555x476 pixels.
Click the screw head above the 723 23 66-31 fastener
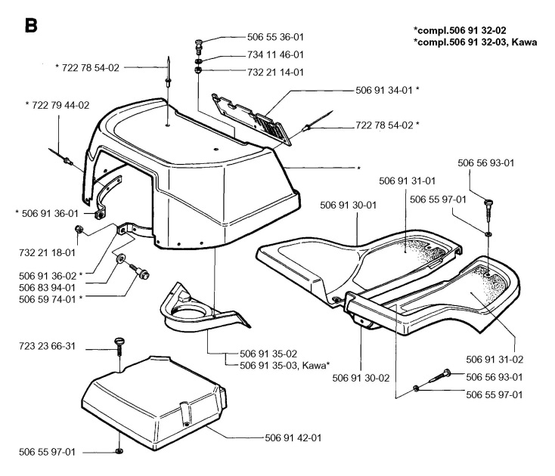click(x=119, y=344)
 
